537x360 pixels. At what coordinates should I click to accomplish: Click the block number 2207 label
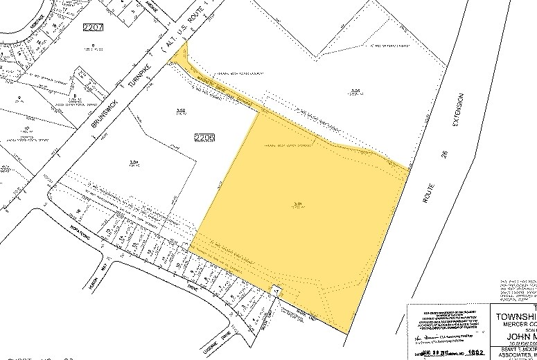[93, 27]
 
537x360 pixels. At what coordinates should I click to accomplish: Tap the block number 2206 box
[205, 138]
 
